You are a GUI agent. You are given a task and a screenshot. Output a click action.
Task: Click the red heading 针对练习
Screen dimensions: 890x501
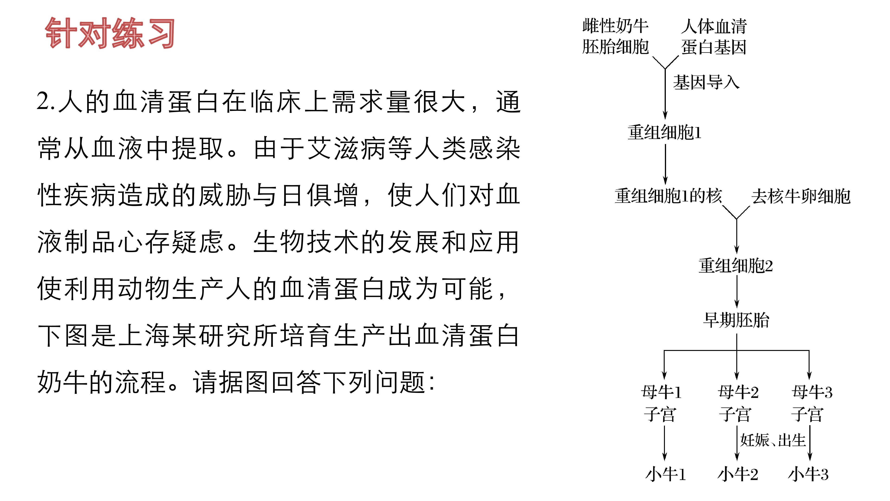[110, 33]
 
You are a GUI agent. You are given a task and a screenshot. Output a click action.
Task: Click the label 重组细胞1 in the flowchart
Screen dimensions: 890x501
[664, 132]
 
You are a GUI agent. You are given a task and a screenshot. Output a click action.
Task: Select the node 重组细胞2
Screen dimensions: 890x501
[736, 266]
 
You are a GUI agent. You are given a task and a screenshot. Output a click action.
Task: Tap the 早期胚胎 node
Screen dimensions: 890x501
[736, 320]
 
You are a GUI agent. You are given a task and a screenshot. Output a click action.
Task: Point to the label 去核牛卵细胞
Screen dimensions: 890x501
[801, 196]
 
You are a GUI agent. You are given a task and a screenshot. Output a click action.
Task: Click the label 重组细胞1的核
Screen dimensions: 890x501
[668, 196]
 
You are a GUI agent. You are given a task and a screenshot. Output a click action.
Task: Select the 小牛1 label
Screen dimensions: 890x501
[665, 474]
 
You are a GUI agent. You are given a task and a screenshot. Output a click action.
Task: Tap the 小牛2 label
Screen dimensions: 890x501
[738, 474]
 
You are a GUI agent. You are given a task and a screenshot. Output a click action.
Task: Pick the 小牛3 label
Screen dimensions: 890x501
[808, 474]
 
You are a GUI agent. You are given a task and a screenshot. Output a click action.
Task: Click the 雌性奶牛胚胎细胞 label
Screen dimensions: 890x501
[615, 36]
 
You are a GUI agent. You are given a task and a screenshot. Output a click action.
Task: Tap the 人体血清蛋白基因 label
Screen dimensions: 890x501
[714, 36]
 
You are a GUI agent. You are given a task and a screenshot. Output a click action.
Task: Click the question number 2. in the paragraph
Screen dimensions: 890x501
[46, 102]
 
